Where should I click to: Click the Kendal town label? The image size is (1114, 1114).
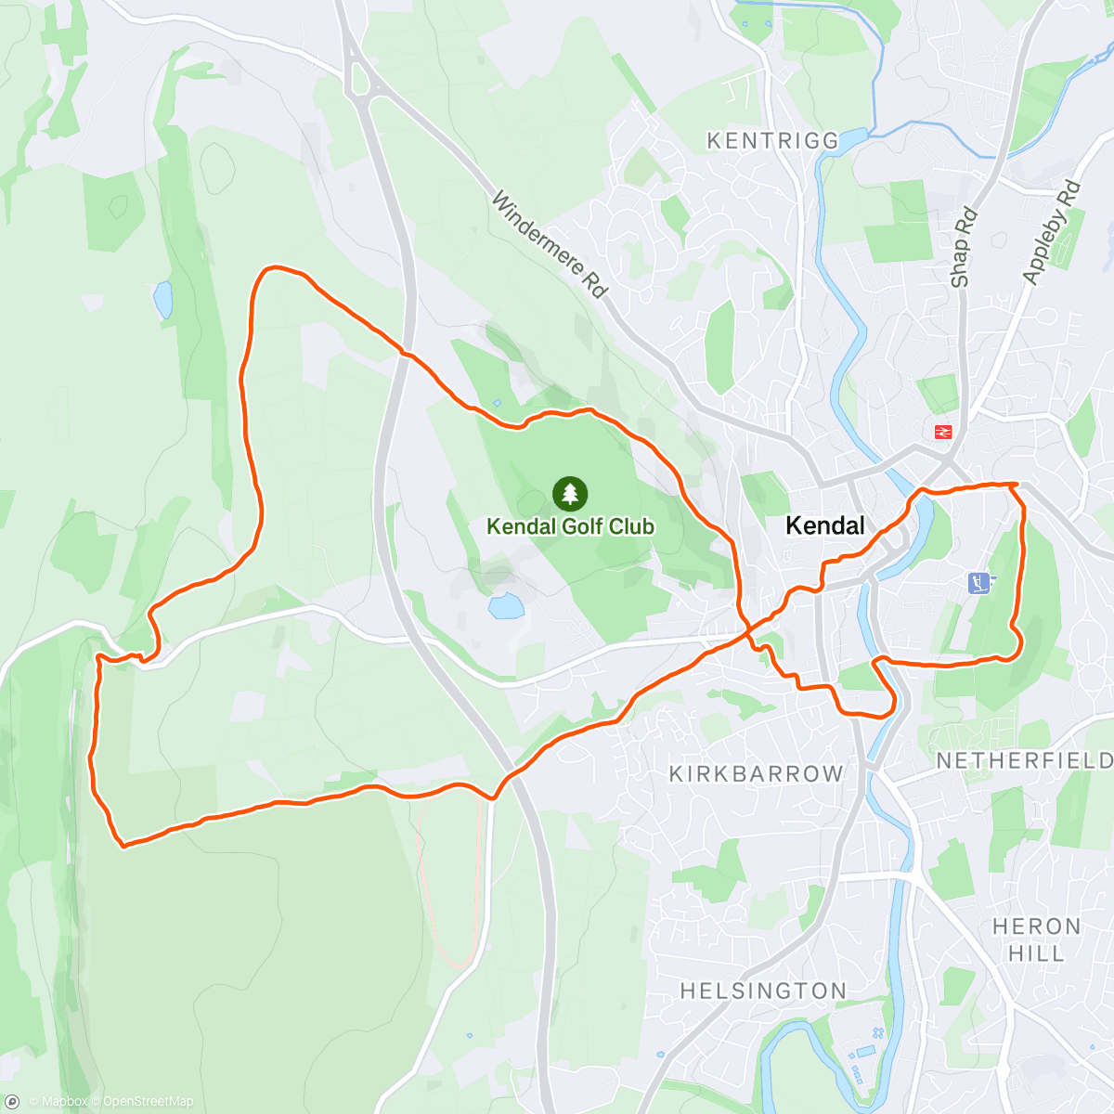(824, 525)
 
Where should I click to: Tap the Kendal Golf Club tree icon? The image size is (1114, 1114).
(570, 494)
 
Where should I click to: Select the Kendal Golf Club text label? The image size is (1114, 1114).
(570, 526)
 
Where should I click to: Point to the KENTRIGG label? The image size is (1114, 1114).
(772, 141)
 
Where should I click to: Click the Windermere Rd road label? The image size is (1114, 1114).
(549, 244)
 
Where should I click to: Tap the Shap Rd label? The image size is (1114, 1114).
(963, 247)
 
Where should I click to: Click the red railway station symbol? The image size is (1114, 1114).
(944, 432)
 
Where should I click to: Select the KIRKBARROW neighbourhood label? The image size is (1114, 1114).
(757, 773)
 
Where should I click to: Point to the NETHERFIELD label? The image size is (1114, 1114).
(1024, 761)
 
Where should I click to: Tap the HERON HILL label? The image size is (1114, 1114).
(1036, 939)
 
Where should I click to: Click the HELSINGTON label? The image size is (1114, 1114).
(763, 991)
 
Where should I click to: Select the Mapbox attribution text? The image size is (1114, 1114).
(63, 1102)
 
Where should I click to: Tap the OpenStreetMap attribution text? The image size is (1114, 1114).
(148, 1102)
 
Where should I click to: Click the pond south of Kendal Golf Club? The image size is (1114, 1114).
(505, 607)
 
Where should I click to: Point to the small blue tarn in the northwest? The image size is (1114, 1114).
(163, 300)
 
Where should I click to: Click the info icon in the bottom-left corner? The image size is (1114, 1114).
(12, 1102)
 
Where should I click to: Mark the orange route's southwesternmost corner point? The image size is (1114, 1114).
(123, 845)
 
